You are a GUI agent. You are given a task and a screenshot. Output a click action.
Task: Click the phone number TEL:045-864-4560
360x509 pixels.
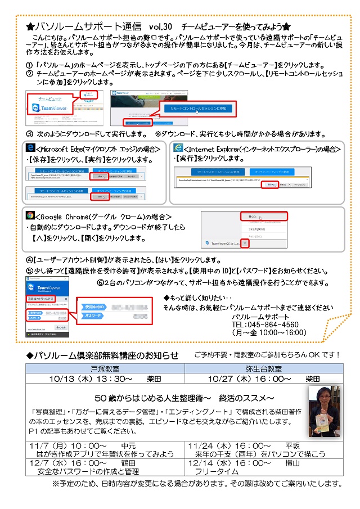[x=265, y=325]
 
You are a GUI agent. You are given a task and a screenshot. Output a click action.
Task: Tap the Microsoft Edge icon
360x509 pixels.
[x=31, y=148]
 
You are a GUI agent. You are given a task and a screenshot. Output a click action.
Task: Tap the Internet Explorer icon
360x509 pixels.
[x=178, y=148]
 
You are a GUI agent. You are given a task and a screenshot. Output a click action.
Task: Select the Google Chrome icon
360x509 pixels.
[x=31, y=215]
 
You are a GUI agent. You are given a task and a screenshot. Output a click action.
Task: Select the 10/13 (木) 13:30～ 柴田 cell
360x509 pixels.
[x=105, y=379]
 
